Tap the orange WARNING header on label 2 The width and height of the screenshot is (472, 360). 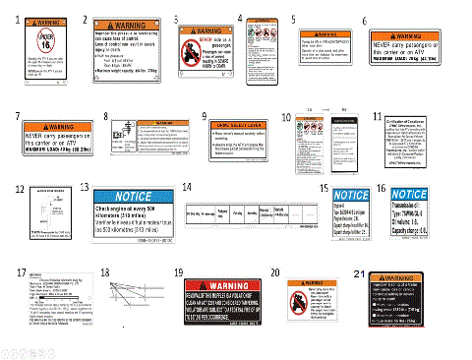pyautogui.click(x=121, y=23)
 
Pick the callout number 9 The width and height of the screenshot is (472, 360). pyautogui.click(x=205, y=115)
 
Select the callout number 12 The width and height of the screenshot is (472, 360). pyautogui.click(x=19, y=187)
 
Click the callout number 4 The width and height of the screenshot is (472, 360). pyautogui.click(x=243, y=18)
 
